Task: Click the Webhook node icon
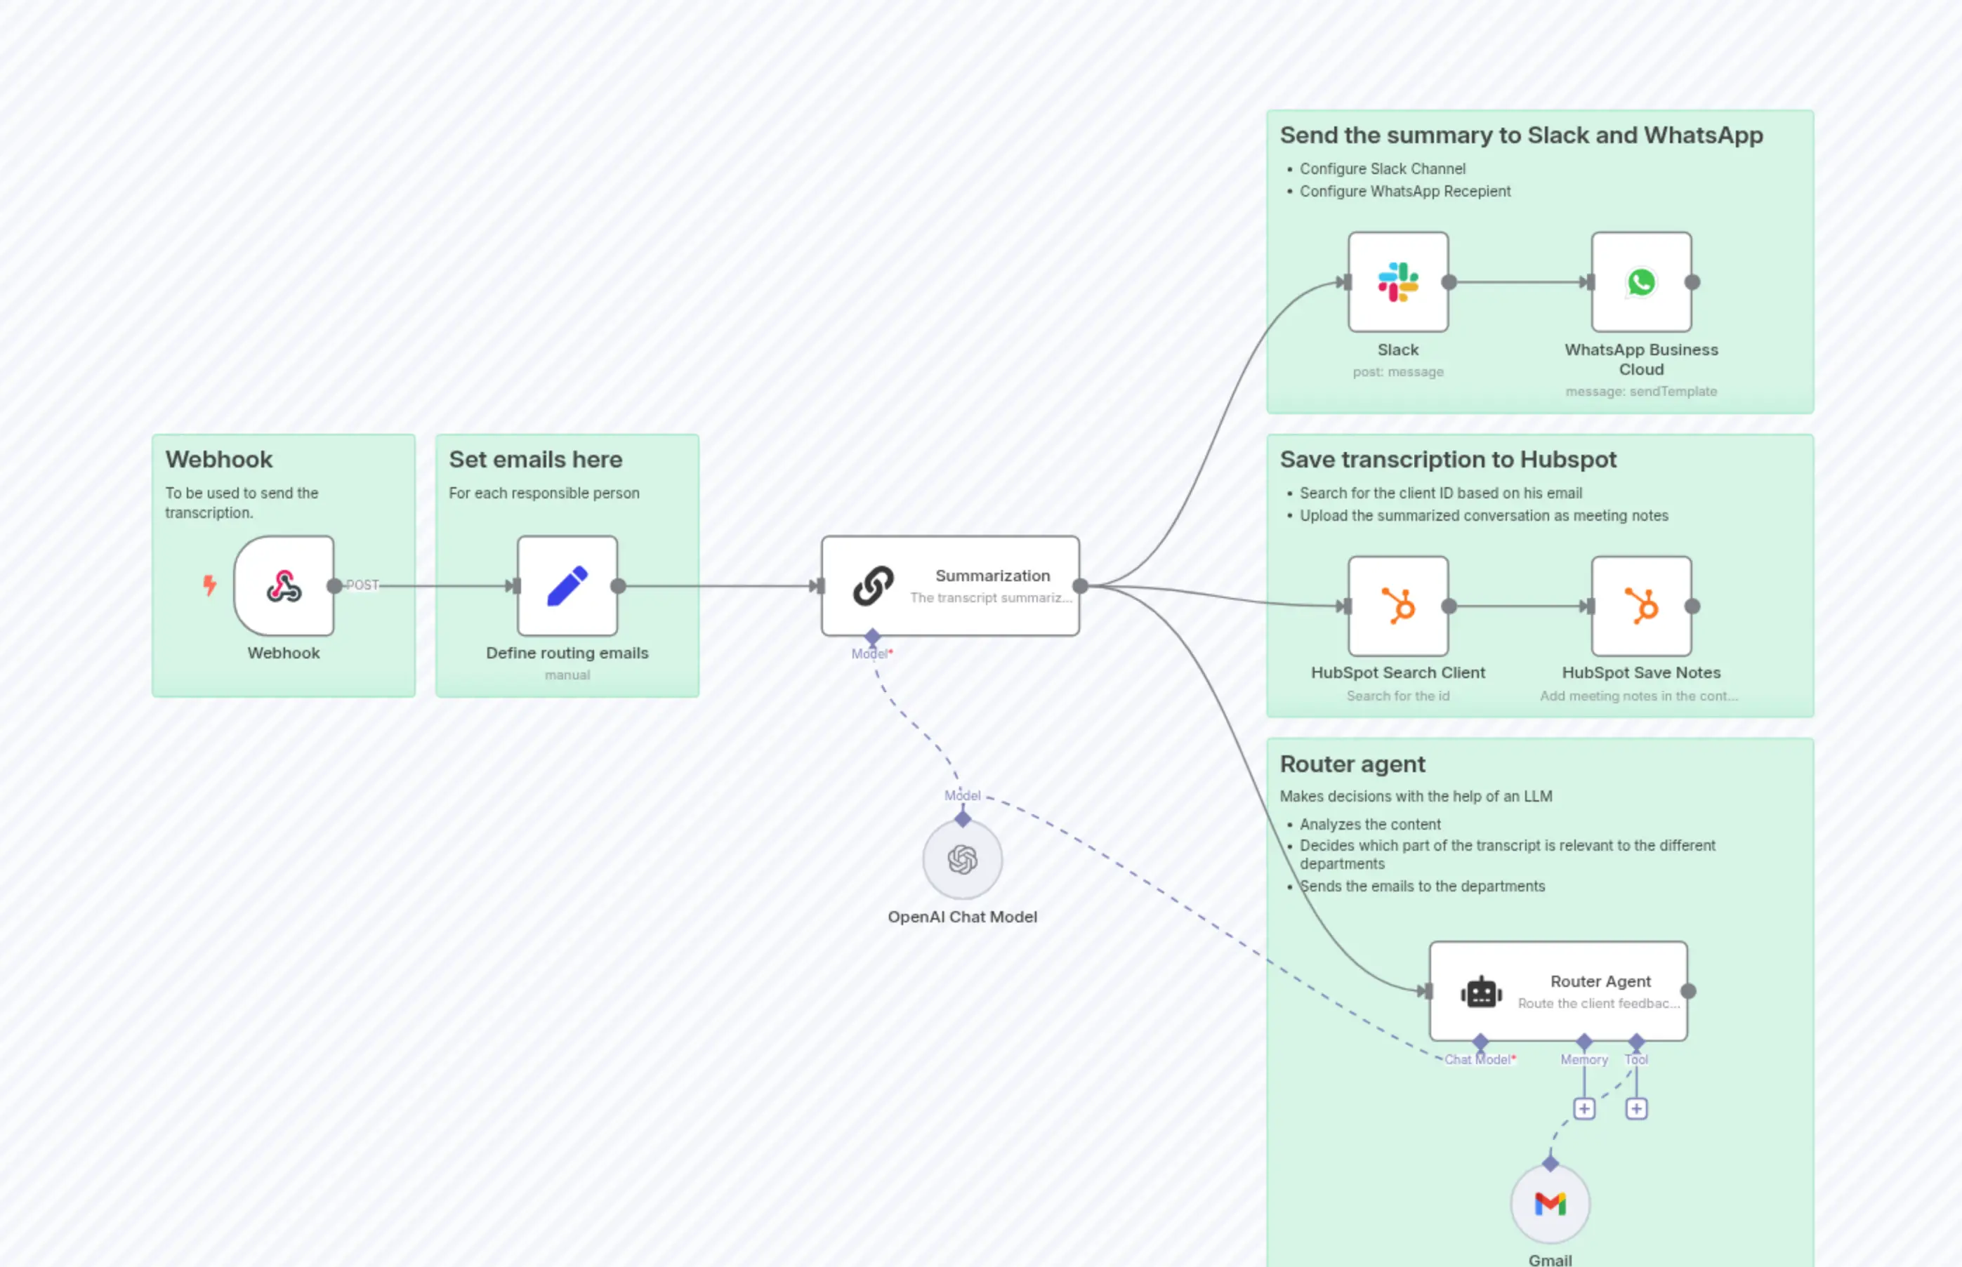click(284, 586)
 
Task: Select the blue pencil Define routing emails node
click(567, 586)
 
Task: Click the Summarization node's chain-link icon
click(873, 586)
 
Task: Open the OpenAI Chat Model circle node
click(962, 860)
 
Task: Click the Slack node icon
click(1397, 282)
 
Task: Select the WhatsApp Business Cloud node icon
click(1641, 282)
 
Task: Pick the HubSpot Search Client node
click(1397, 606)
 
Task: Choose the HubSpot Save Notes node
click(1641, 606)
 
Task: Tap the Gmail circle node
click(1550, 1205)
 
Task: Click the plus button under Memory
click(1584, 1109)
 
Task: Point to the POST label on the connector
click(362, 585)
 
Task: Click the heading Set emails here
click(535, 459)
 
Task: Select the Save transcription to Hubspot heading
click(1448, 459)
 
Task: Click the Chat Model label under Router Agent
click(1478, 1060)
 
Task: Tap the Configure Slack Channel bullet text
click(1383, 168)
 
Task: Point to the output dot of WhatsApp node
click(1693, 282)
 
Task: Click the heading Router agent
click(1352, 764)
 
